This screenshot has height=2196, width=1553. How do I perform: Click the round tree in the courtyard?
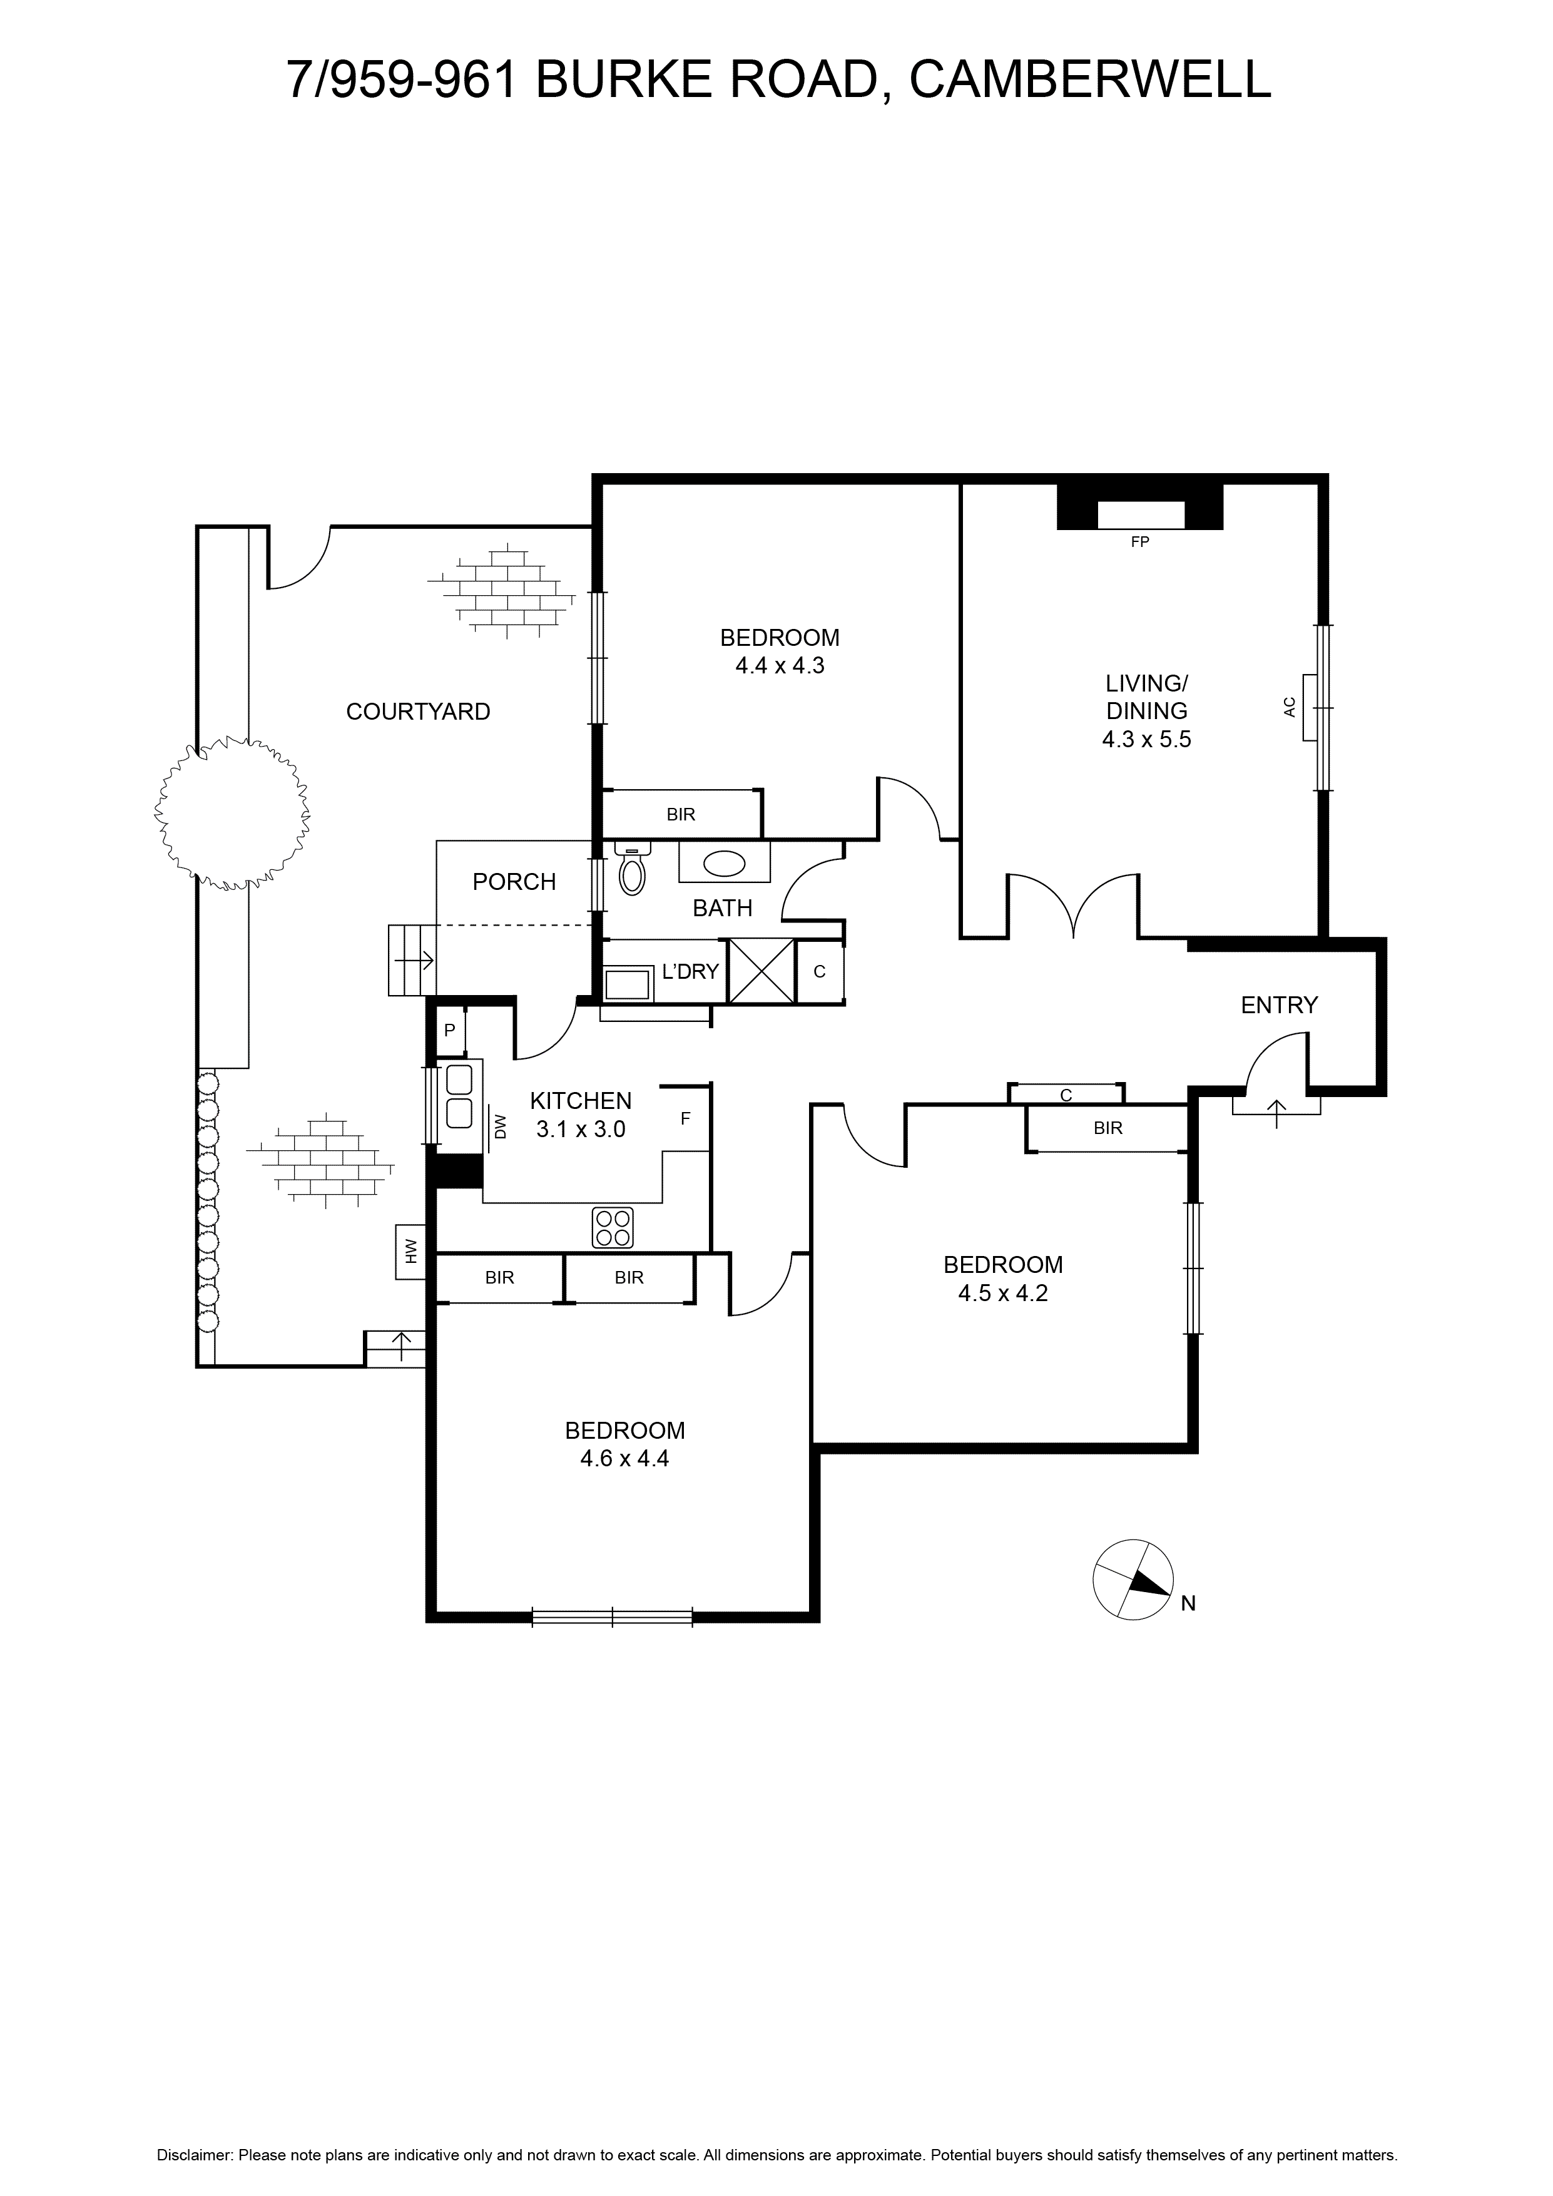coord(232,813)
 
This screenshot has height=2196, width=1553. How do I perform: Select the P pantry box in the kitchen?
coord(449,1031)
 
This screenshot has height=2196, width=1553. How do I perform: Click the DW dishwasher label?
coord(500,1126)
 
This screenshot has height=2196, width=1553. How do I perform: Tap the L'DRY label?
coord(690,972)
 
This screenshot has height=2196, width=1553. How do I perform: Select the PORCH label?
coord(514,881)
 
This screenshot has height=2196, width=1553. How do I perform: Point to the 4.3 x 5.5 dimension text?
coord(1146,738)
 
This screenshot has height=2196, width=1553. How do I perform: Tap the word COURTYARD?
coord(418,712)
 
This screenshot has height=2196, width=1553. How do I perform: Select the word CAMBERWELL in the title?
coord(1090,79)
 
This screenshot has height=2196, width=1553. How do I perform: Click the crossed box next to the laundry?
coord(761,971)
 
